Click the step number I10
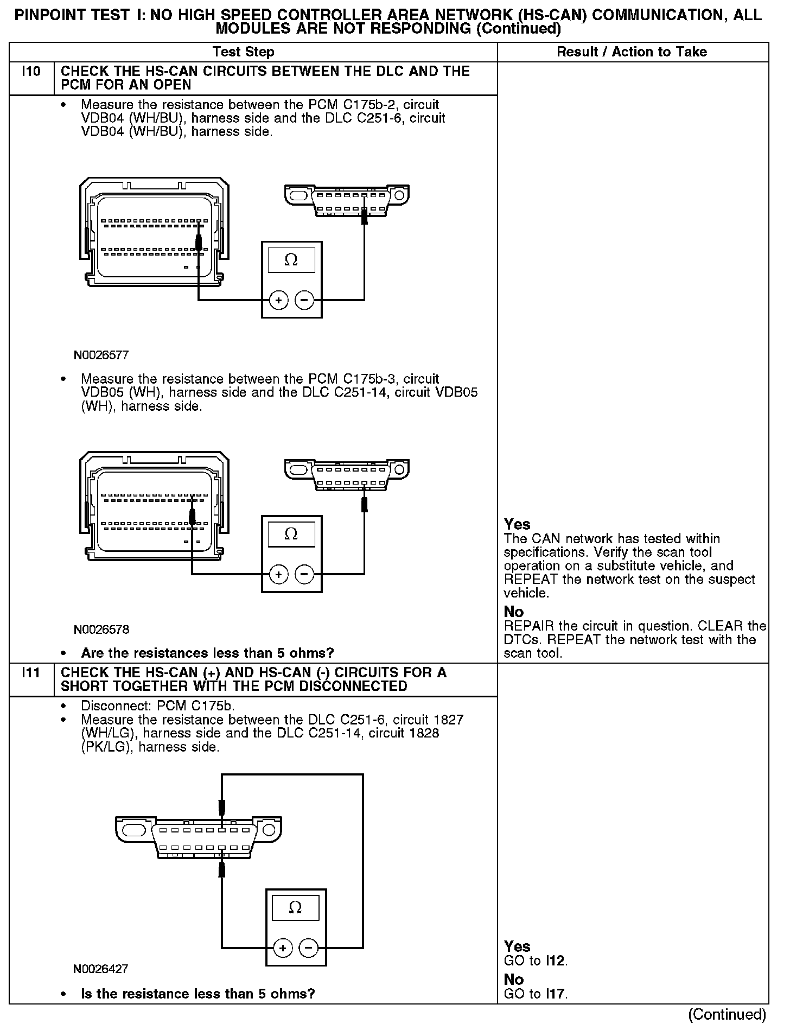click(31, 72)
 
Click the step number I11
click(31, 673)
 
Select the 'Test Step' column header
click(244, 52)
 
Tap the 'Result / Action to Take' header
click(632, 52)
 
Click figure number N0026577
click(101, 355)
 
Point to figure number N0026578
click(101, 630)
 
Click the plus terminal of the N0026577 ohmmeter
click(279, 300)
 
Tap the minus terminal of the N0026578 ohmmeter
click(304, 574)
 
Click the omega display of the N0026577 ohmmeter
click(291, 260)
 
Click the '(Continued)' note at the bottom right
click(727, 1014)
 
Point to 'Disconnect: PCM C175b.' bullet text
click(157, 707)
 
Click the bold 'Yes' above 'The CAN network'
click(517, 524)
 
